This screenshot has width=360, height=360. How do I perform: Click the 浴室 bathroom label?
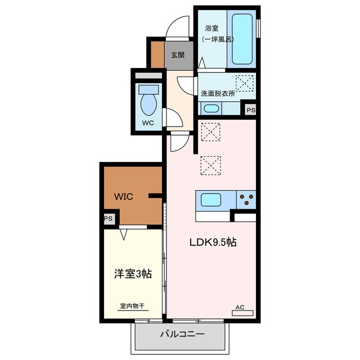tap(212, 28)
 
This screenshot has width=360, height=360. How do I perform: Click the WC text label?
tap(148, 123)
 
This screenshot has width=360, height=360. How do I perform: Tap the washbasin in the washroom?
tap(211, 109)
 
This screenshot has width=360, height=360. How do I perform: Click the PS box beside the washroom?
tap(250, 110)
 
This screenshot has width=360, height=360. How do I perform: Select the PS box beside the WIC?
tap(108, 219)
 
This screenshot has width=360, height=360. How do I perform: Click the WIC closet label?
tap(124, 197)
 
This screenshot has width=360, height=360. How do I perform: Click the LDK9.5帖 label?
tap(211, 243)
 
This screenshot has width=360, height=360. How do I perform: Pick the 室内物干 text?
tap(133, 307)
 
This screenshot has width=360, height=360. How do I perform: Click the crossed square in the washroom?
tap(244, 83)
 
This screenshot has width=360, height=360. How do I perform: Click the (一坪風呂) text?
tap(217, 39)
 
